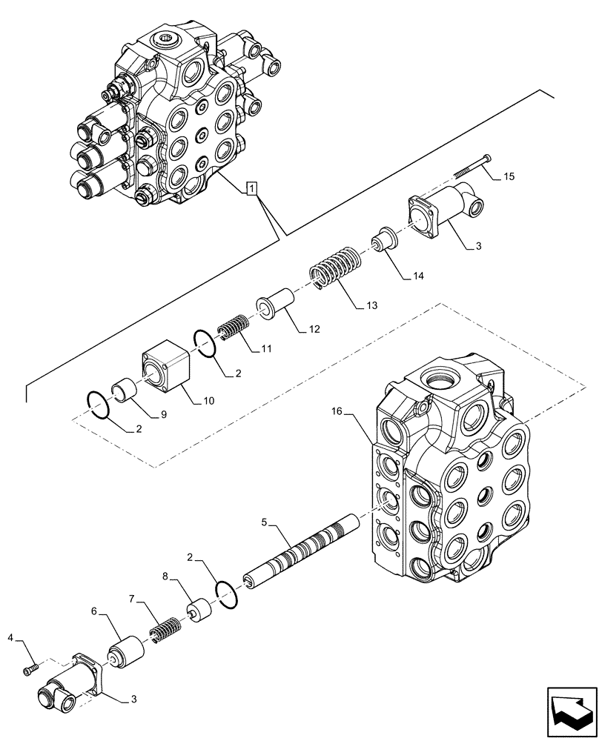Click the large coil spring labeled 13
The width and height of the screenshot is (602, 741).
tap(334, 268)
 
